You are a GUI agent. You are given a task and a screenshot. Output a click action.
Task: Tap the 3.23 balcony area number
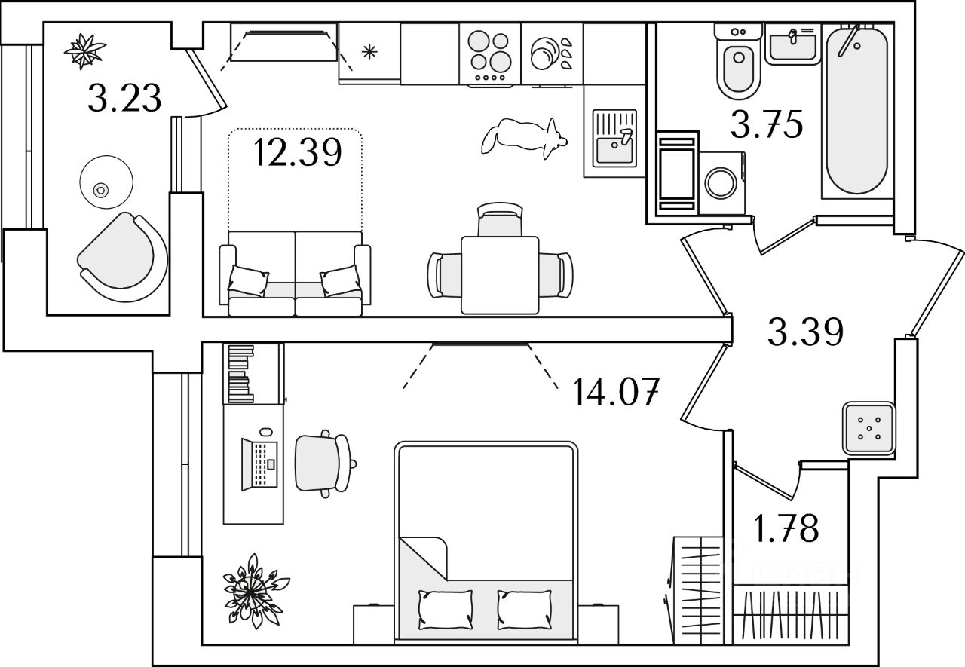point(124,98)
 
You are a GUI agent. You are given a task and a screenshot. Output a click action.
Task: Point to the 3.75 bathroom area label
point(766,125)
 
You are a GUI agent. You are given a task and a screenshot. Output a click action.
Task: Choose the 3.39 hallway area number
point(804,332)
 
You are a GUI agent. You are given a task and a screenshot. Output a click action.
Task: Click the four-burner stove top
point(490,53)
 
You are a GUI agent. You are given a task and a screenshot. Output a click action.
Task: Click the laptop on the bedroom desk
point(259,461)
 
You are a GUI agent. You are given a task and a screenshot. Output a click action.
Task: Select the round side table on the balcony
point(106,183)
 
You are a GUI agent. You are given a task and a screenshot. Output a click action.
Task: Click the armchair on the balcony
point(121,254)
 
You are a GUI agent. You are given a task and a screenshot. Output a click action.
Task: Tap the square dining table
point(499,274)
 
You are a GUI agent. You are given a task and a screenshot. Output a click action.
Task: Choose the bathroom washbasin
point(792,44)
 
